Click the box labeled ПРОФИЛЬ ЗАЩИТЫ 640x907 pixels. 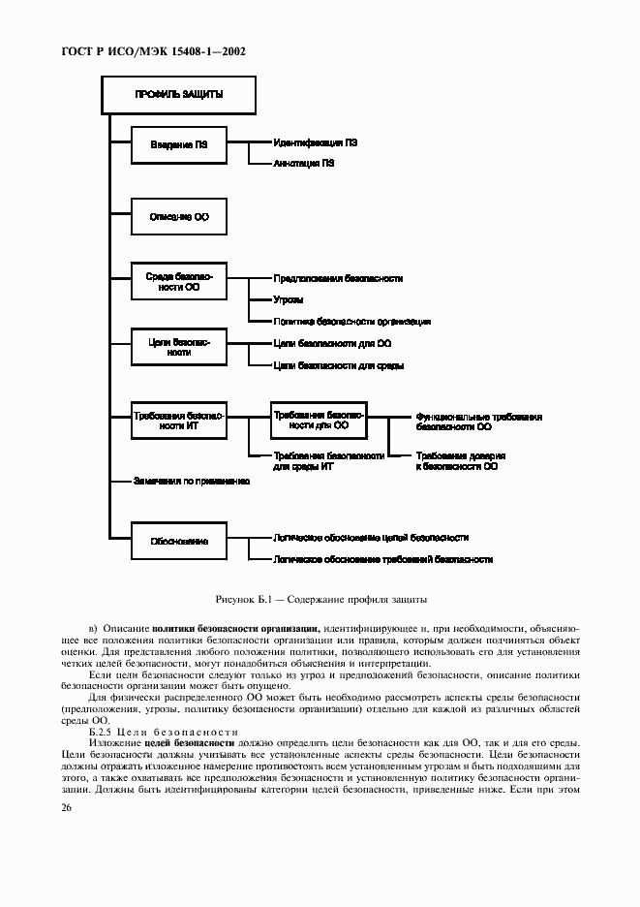179,95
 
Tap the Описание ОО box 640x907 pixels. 179,217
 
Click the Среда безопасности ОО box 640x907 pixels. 179,283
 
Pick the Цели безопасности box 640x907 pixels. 179,348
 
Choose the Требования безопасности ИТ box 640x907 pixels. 179,420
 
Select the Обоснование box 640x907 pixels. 179,541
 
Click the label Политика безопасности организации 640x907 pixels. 351,321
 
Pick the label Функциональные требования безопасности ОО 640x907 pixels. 478,421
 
